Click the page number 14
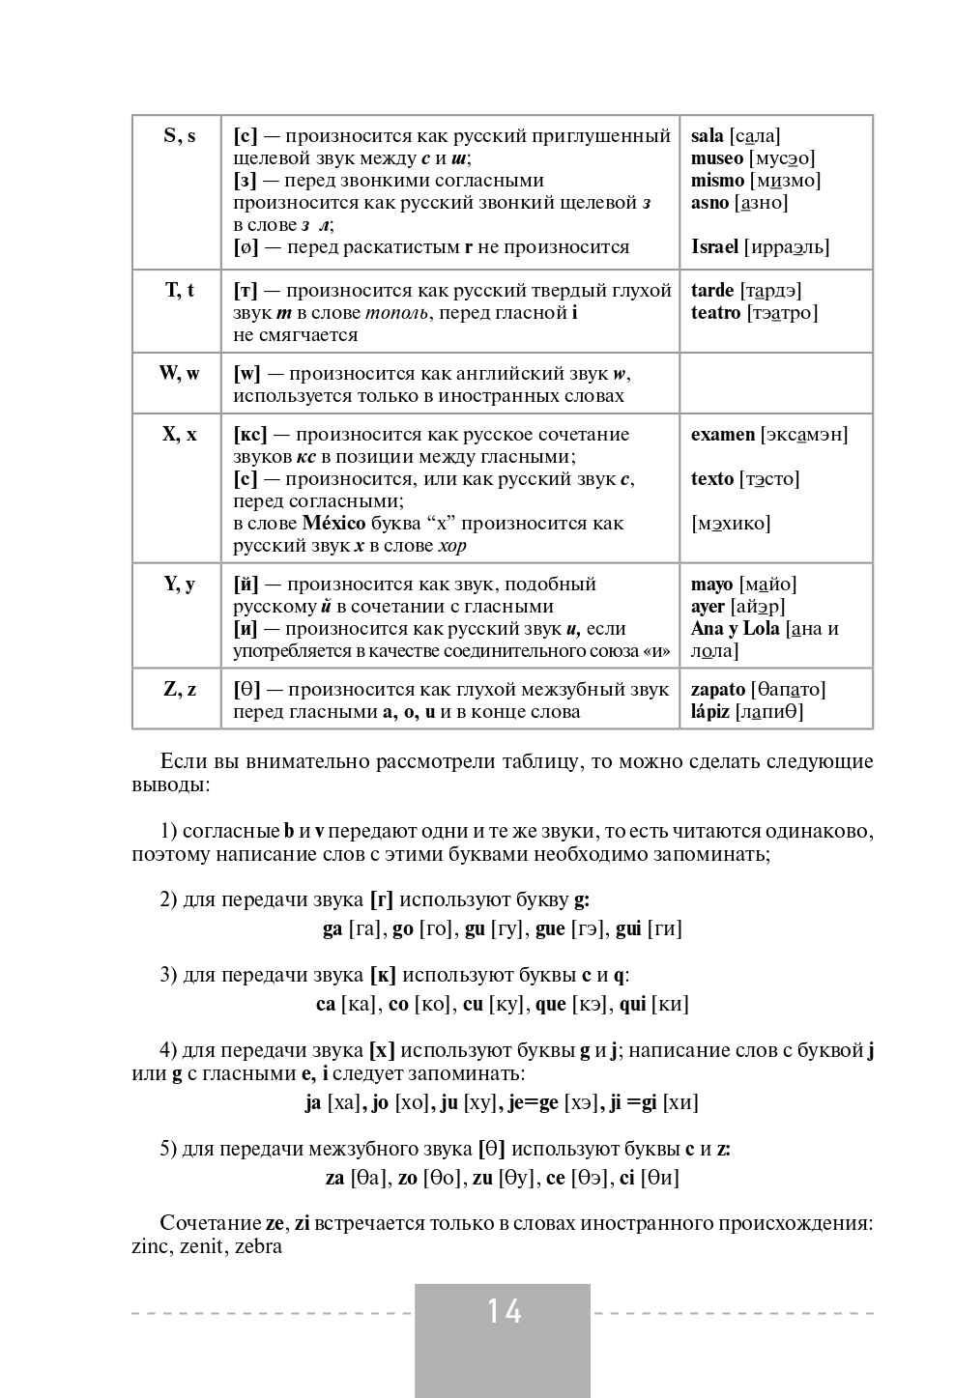point(504,1311)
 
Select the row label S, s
point(179,136)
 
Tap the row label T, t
point(179,290)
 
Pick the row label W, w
point(179,373)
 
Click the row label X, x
point(179,435)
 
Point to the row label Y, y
point(179,584)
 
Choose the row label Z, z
point(179,689)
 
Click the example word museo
point(717,158)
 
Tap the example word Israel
point(714,247)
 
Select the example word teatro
point(715,313)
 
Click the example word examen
point(723,435)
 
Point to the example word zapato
point(718,690)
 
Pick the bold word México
point(333,524)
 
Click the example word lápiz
point(710,712)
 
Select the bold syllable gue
point(550,929)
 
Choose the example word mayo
point(711,585)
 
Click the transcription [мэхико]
point(731,524)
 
